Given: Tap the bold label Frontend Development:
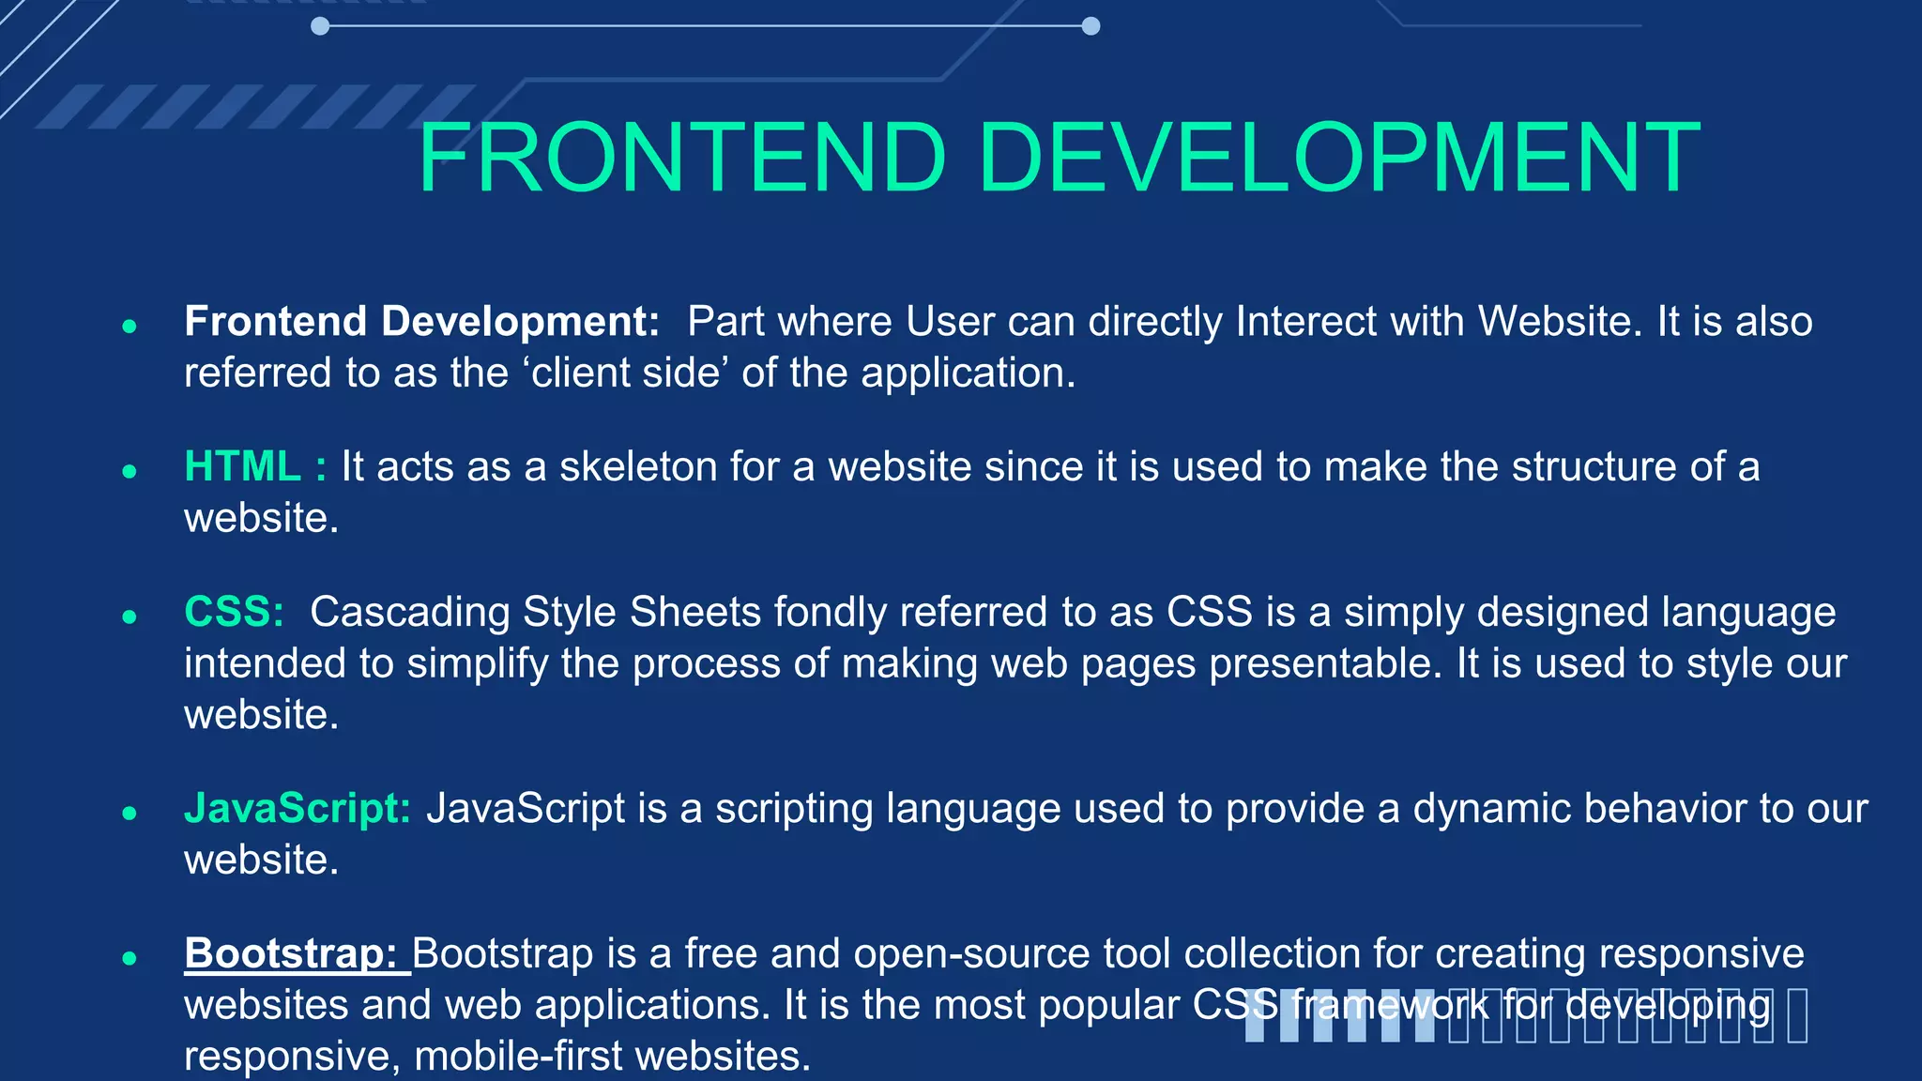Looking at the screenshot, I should pos(421,322).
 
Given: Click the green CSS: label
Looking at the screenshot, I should pos(234,612).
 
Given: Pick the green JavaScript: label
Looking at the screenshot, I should pos(297,809).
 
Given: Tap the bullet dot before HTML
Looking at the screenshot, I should pos(130,471).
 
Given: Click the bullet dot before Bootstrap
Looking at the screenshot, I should pos(130,958).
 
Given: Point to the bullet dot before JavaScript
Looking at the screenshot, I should pos(130,813).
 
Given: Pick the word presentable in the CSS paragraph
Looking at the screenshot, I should pos(1324,664).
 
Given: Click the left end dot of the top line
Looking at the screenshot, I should pos(320,26).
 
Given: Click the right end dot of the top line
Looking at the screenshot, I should pos(1091,26).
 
